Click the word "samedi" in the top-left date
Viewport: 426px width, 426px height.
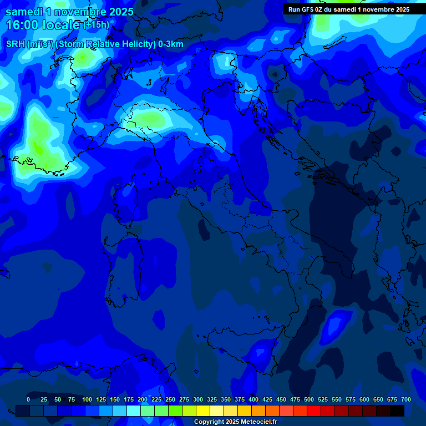[24, 12]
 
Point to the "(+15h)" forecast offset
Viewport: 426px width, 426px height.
[96, 25]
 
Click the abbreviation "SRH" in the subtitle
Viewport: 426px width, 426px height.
[16, 44]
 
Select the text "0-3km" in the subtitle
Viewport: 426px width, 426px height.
[171, 44]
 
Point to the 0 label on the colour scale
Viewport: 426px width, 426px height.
[28, 399]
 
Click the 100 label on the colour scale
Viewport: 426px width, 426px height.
[87, 399]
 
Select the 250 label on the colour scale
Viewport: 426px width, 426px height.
[170, 399]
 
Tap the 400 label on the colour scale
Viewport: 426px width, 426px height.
[253, 399]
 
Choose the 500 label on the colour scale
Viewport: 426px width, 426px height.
[309, 399]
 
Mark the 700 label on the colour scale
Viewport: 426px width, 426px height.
[406, 399]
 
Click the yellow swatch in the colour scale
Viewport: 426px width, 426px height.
[203, 411]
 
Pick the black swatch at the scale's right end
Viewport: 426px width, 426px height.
[397, 411]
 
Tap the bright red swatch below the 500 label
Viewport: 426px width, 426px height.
[314, 411]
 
